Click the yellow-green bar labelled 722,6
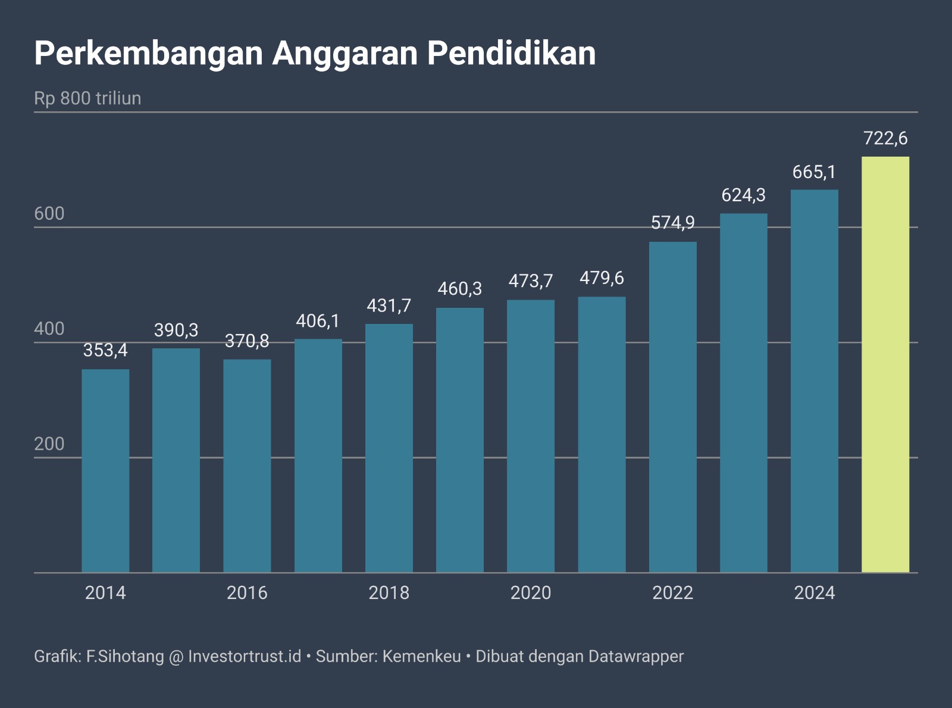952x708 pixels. point(885,364)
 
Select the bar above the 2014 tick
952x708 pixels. point(105,470)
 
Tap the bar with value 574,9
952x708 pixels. point(672,407)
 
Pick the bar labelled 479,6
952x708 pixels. point(602,435)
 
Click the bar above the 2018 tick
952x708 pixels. point(389,448)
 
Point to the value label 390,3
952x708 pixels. point(176,330)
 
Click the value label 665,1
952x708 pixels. point(814,172)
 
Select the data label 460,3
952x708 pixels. point(459,289)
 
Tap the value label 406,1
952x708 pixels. point(318,321)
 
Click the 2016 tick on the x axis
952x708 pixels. point(247,593)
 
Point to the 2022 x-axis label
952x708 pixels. point(672,593)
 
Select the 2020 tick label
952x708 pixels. point(531,593)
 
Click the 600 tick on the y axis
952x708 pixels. point(49,214)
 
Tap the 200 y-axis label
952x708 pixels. point(49,444)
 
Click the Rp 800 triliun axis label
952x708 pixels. point(87,98)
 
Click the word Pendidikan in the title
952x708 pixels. point(511,54)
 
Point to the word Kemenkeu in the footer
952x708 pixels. point(421,656)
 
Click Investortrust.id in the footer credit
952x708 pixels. point(245,656)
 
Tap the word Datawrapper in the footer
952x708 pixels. point(636,656)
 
